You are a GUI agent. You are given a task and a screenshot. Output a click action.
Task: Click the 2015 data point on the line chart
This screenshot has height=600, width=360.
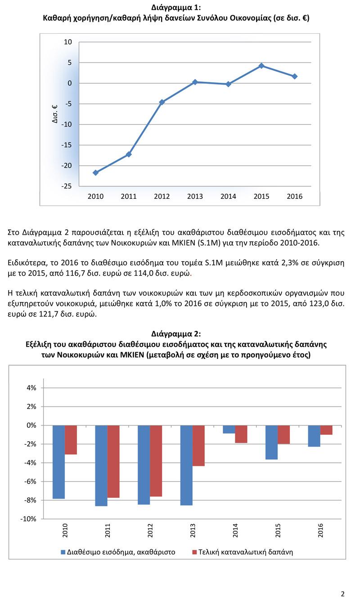(261, 66)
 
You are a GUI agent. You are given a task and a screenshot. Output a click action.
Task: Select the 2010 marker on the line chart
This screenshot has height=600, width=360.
(95, 173)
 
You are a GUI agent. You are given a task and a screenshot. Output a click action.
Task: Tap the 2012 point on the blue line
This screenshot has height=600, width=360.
(162, 102)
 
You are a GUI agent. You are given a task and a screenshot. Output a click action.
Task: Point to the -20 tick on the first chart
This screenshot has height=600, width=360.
(67, 166)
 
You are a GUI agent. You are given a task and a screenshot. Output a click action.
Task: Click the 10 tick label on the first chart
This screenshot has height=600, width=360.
(68, 42)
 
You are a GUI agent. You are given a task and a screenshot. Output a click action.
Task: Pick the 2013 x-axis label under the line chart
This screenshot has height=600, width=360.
(195, 197)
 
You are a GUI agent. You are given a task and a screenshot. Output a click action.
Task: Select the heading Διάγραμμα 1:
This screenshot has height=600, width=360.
(176, 8)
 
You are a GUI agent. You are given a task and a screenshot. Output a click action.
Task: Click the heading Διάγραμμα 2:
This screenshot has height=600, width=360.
(176, 334)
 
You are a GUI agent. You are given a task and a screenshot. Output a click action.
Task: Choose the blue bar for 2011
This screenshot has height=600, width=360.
(101, 466)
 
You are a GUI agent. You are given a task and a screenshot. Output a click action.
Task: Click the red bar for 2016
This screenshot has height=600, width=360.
(326, 430)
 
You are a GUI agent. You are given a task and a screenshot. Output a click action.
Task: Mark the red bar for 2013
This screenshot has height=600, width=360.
(198, 445)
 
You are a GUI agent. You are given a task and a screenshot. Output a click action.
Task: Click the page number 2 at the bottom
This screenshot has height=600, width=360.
(342, 593)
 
